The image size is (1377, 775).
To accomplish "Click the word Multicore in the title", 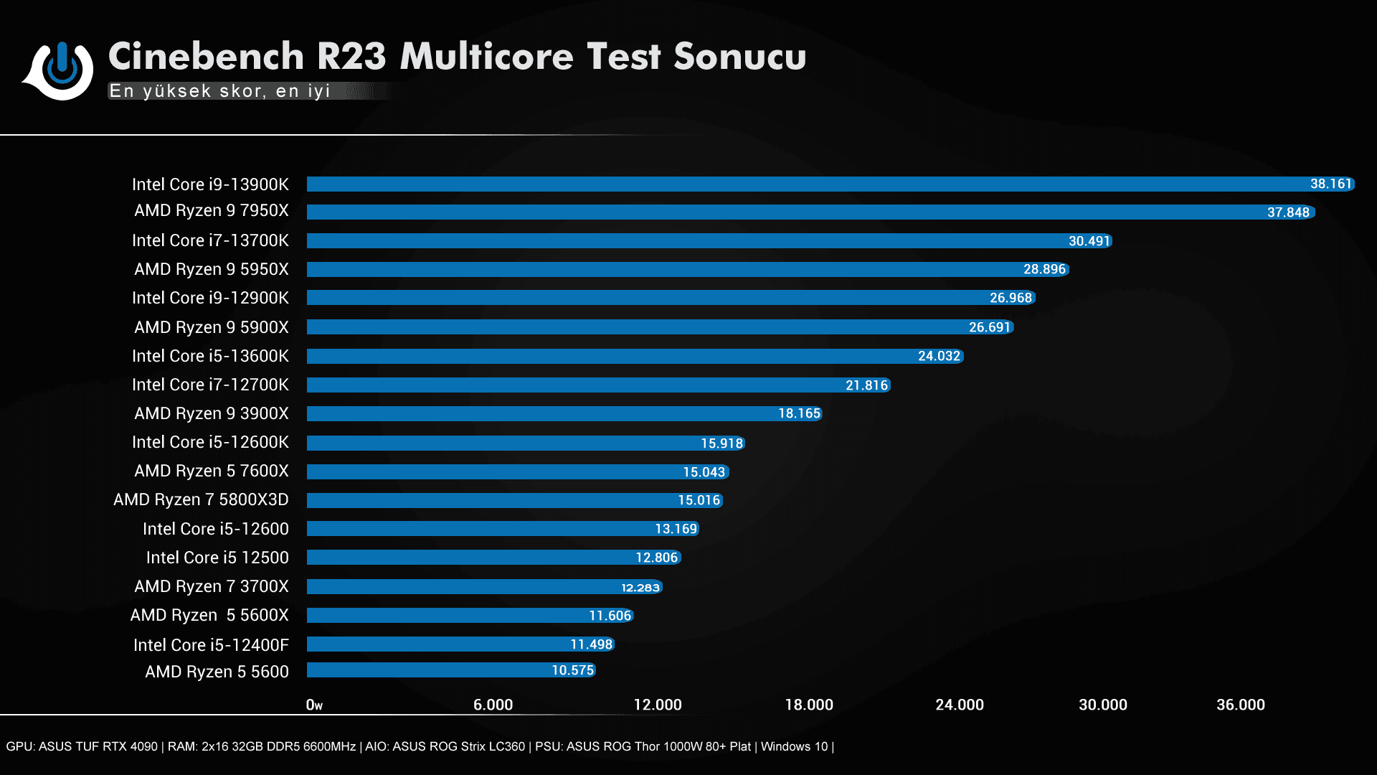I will [x=486, y=57].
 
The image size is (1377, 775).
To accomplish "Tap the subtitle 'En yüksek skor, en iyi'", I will [x=219, y=91].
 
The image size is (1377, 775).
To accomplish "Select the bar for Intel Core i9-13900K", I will [x=789, y=184].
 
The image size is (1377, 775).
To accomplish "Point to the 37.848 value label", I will [x=1288, y=212].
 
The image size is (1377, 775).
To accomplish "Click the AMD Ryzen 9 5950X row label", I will [x=212, y=269].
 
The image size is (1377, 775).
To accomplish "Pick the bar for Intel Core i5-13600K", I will [x=610, y=356].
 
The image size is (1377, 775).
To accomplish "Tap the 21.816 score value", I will [x=866, y=385].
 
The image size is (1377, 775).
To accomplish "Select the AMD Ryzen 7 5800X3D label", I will [x=201, y=499].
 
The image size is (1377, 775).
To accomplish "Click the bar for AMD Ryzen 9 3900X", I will [x=538, y=413].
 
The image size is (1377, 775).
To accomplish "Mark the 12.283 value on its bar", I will [x=640, y=588].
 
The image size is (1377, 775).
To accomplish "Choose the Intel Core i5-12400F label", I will [x=211, y=645].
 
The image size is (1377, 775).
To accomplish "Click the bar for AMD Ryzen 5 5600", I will [x=430, y=670].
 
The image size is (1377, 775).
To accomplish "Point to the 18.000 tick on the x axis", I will [x=809, y=705].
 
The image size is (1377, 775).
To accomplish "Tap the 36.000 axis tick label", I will [x=1241, y=705].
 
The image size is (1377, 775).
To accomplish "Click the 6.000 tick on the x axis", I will [x=493, y=705].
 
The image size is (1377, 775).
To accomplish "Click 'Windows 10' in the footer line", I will [x=794, y=746].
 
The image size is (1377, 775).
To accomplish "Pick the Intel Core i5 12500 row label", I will [x=217, y=558].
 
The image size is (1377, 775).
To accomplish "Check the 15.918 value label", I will [x=721, y=443].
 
